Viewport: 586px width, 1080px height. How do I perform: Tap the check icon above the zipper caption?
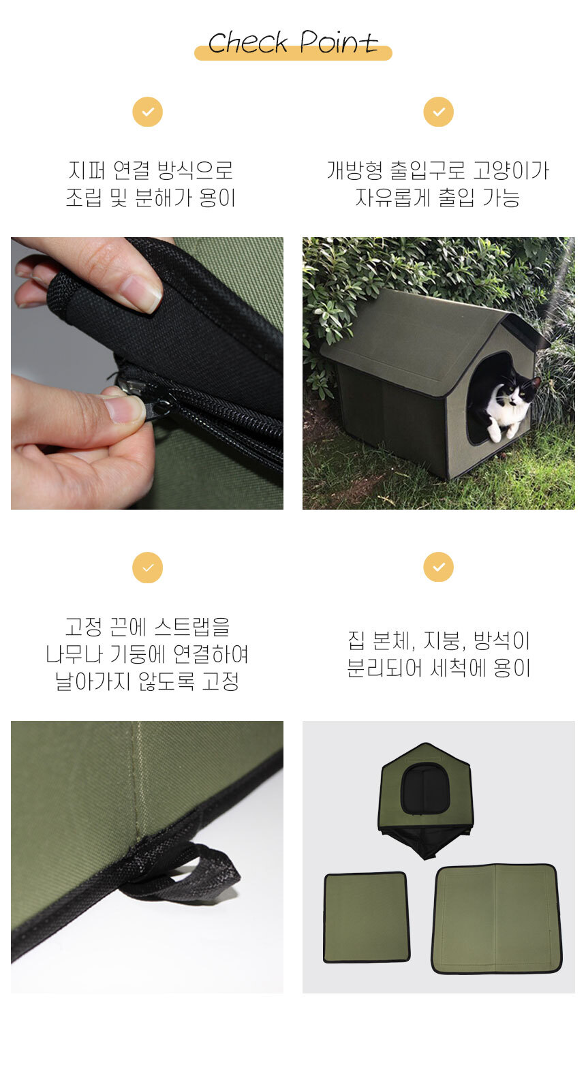click(148, 112)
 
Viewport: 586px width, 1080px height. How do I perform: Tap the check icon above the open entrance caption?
click(438, 112)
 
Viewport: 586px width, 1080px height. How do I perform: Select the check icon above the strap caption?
click(148, 568)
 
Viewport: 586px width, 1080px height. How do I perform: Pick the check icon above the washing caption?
click(438, 567)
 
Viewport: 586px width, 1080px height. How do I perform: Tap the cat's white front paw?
click(495, 434)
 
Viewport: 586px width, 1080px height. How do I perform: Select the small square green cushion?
click(367, 918)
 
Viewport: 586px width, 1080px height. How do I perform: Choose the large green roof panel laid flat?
click(496, 919)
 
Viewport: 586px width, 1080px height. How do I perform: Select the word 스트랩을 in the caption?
click(192, 627)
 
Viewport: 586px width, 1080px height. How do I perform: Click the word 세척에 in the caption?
click(458, 668)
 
